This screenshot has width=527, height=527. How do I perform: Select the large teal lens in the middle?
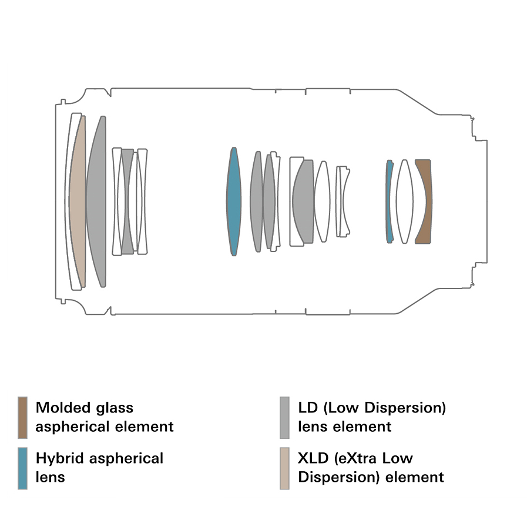click(234, 201)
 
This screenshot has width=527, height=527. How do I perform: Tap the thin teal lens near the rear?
click(389, 201)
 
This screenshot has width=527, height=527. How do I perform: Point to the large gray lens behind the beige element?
click(97, 201)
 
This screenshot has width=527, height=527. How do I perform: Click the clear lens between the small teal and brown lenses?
click(404, 201)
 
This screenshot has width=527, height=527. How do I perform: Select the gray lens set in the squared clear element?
click(304, 201)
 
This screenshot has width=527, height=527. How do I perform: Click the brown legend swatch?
click(23, 417)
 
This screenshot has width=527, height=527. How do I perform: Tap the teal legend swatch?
click(23, 468)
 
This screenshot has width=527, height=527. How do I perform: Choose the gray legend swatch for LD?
click(285, 417)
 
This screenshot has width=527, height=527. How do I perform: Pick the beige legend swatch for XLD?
click(285, 468)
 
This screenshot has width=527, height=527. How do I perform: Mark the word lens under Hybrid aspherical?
click(51, 477)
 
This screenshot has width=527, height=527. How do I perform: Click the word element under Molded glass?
click(146, 427)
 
